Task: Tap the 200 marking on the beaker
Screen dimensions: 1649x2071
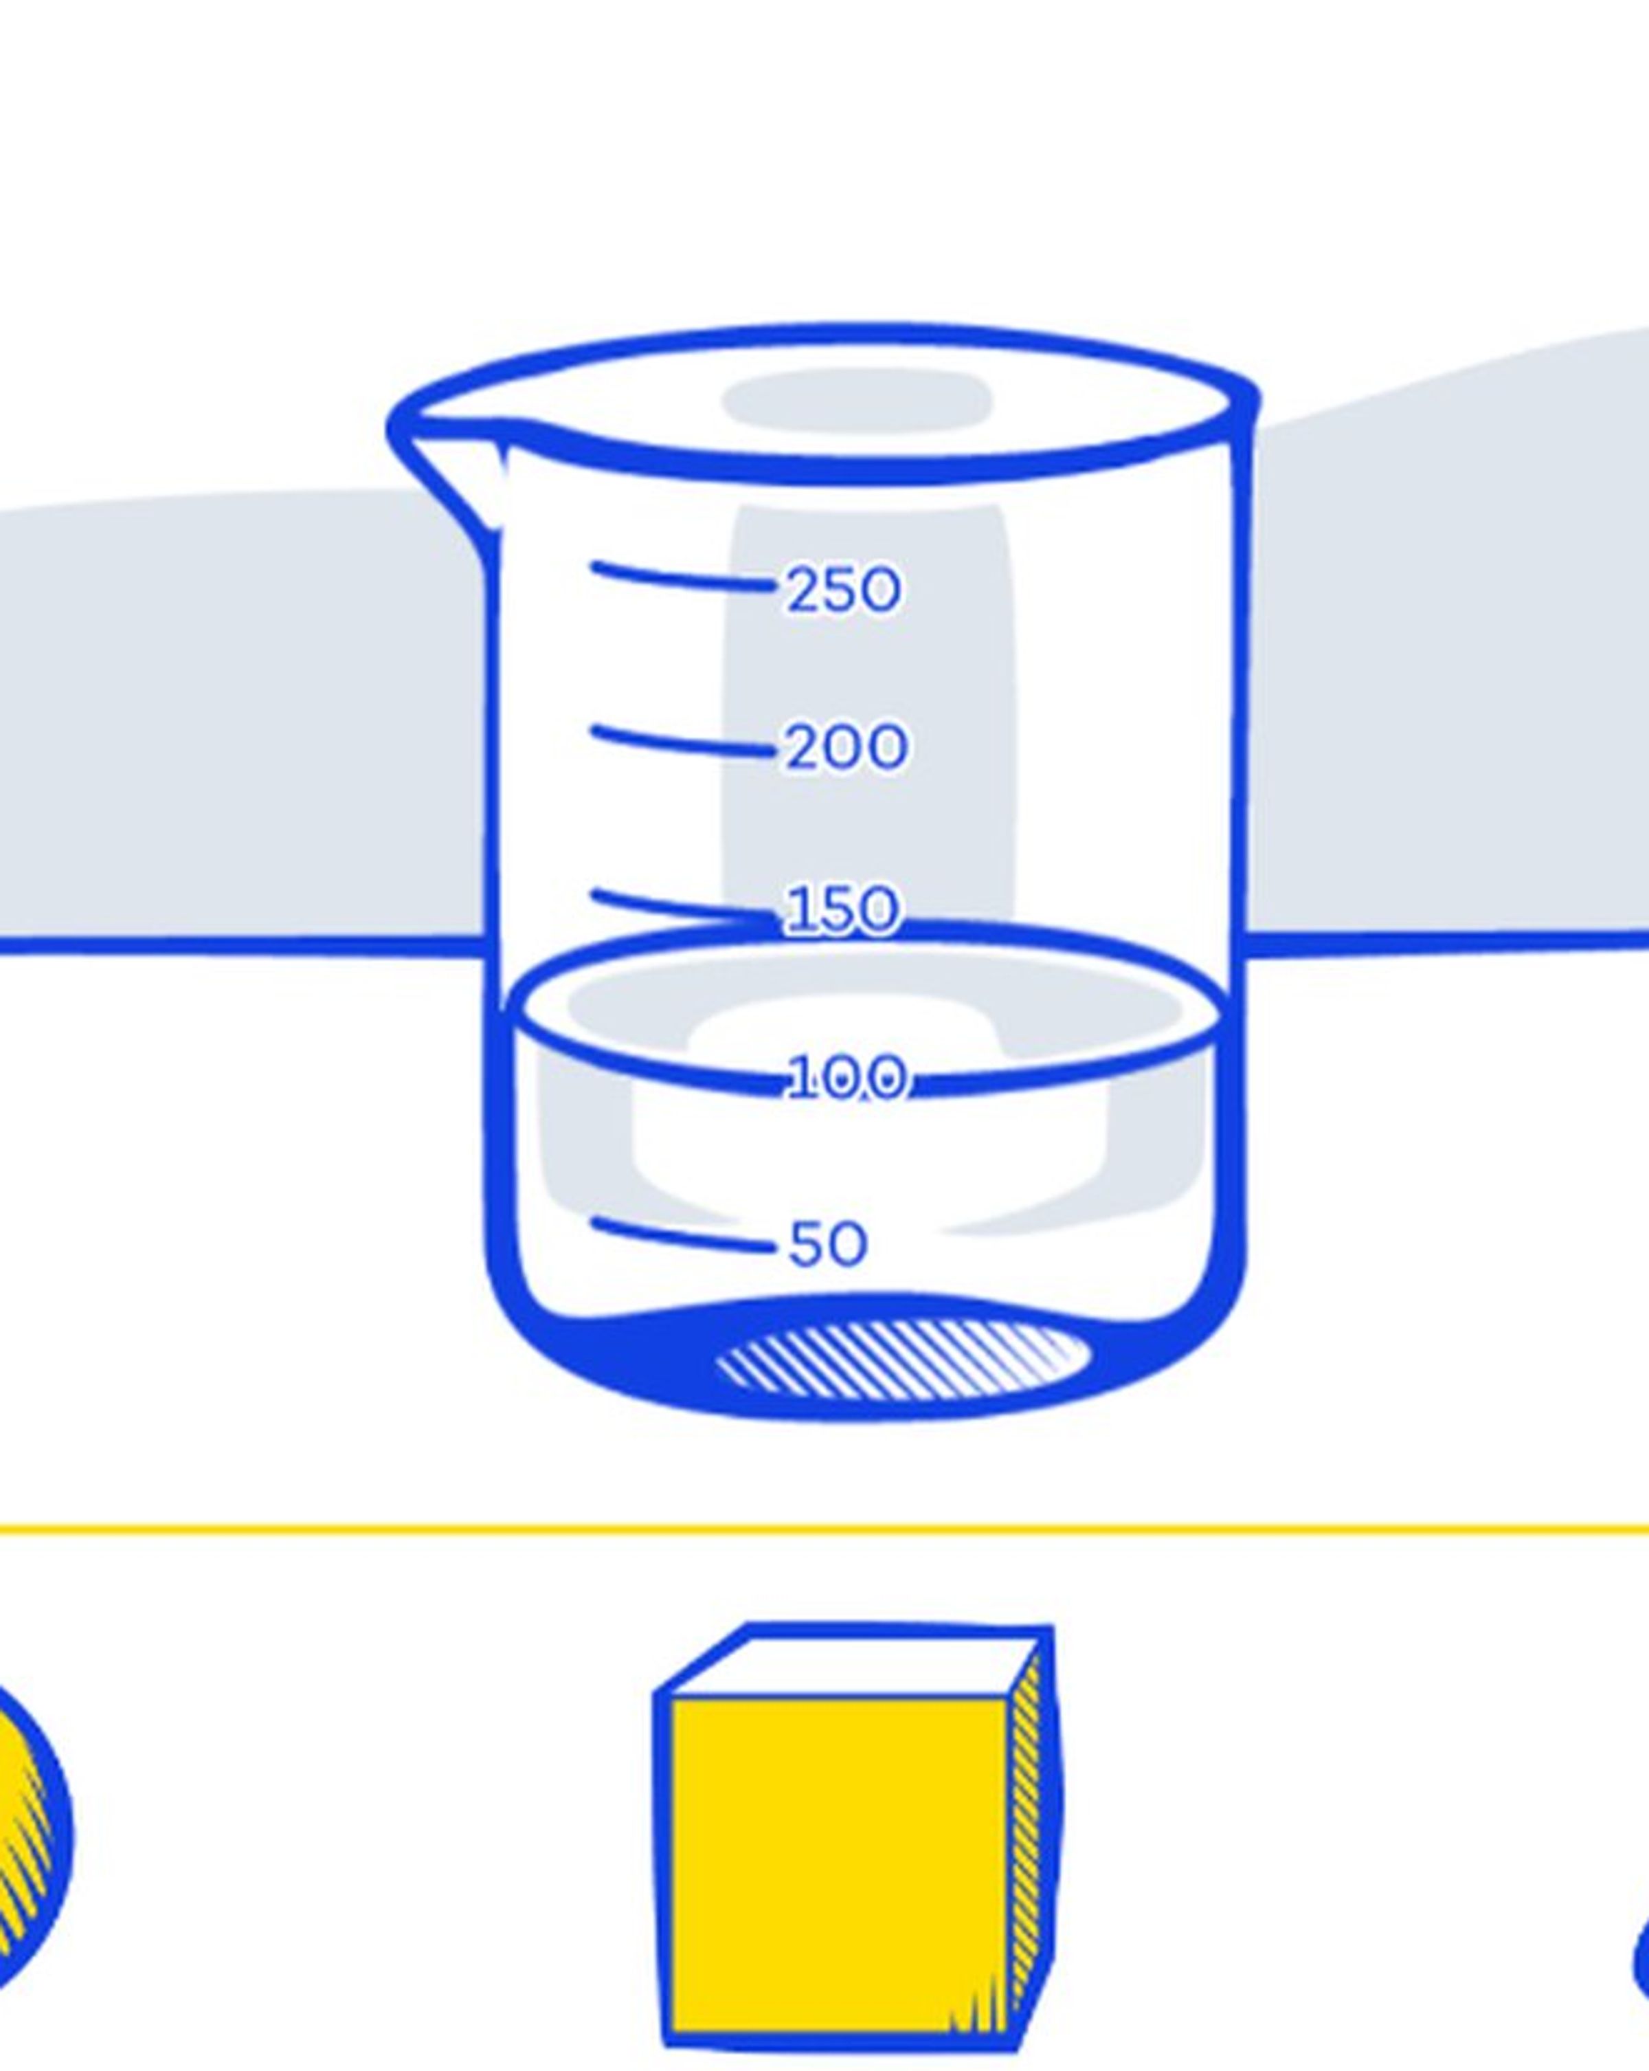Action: [x=846, y=746]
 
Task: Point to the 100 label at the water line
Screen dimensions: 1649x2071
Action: [x=846, y=1077]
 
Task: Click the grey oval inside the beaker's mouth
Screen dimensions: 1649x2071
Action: [x=857, y=399]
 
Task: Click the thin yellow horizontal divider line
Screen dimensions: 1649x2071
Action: [x=824, y=1528]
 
